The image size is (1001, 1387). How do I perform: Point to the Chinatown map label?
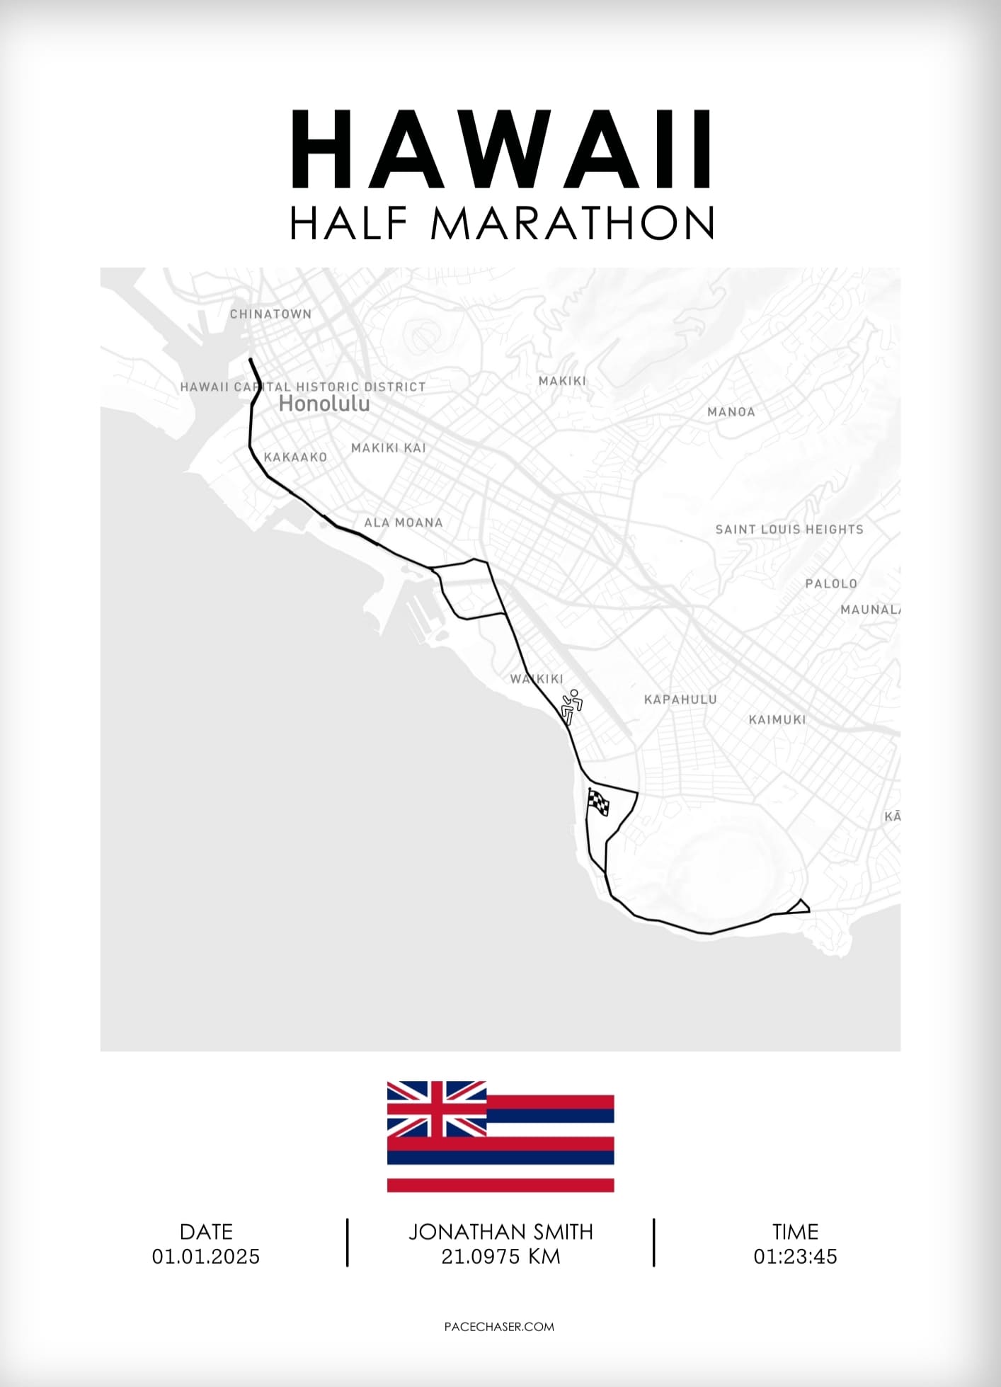point(270,314)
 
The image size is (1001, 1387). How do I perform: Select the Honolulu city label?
point(324,404)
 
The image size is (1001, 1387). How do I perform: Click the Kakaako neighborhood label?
point(295,457)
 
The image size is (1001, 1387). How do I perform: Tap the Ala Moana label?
point(404,523)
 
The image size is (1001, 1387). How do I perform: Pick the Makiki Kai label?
point(389,447)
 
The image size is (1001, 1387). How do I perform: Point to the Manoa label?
point(731,411)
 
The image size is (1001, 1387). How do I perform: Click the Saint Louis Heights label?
point(789,529)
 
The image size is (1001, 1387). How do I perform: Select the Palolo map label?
point(831,583)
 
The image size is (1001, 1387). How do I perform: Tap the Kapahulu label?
point(680,699)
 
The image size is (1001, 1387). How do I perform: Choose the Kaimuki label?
point(777,719)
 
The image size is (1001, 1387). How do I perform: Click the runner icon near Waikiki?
point(571,707)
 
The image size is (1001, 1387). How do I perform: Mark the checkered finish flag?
point(598,802)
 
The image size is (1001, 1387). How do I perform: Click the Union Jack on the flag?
point(436,1108)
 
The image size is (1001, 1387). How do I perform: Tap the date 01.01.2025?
point(206,1257)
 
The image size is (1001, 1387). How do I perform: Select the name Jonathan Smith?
point(500,1232)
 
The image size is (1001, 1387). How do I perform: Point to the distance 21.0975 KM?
point(500,1257)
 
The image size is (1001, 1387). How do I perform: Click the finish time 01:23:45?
point(795,1257)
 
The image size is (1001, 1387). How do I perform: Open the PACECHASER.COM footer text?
point(500,1327)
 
